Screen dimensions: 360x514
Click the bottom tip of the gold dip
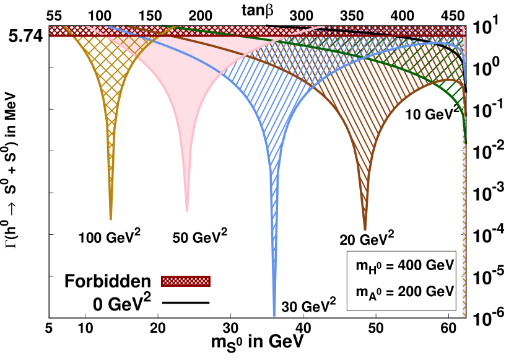[111, 219]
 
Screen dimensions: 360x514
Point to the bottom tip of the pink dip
[187, 211]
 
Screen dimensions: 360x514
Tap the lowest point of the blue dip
[274, 315]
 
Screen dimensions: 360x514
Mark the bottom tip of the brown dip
[365, 229]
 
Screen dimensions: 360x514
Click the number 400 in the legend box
[409, 265]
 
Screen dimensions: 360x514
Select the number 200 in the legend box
[409, 291]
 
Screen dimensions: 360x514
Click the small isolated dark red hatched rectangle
[186, 281]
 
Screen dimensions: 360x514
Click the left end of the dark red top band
[52, 32]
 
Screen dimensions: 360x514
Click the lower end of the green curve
[466, 143]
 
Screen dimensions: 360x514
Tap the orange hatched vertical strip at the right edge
[464, 217]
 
